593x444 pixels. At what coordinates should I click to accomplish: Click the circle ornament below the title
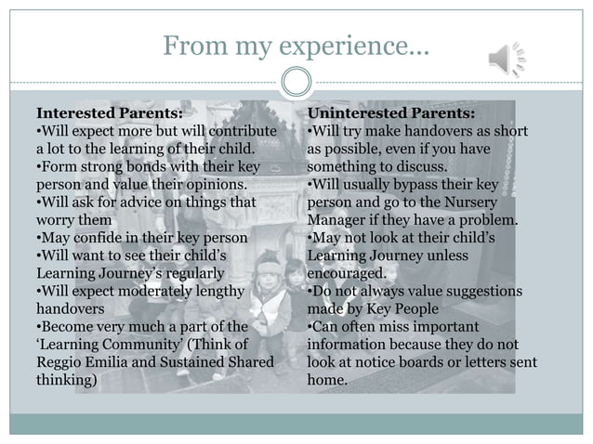pyautogui.click(x=296, y=84)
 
